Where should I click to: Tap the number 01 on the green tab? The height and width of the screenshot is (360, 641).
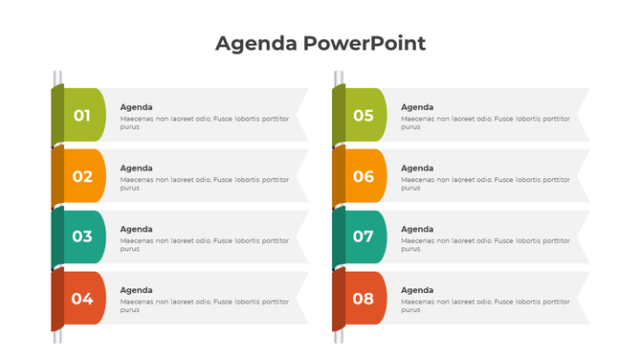(x=82, y=115)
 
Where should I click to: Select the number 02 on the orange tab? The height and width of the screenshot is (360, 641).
(x=82, y=176)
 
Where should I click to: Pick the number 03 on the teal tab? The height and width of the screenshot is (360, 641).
(x=82, y=236)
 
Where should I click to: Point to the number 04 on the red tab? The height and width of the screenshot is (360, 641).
(x=82, y=298)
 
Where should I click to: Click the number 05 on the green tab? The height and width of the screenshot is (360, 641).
(x=364, y=115)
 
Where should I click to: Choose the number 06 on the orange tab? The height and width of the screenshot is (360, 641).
(x=364, y=176)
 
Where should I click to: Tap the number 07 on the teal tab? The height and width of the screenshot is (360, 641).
(x=364, y=236)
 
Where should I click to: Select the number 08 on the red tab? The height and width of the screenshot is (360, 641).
(x=364, y=298)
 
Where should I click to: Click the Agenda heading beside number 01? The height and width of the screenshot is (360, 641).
(x=136, y=106)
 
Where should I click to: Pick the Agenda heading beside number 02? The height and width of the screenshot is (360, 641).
(x=136, y=168)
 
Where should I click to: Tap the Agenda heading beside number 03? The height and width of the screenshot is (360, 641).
(x=136, y=229)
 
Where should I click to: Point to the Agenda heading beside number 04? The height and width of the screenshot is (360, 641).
(x=136, y=290)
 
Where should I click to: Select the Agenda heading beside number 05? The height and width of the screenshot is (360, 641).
(x=417, y=106)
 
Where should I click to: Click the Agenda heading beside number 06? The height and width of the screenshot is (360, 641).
(x=417, y=168)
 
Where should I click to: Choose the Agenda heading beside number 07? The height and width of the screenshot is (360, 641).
(x=417, y=229)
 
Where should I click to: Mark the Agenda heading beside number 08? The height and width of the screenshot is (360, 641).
(x=417, y=290)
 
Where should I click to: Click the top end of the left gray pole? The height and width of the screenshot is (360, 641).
(x=57, y=74)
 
